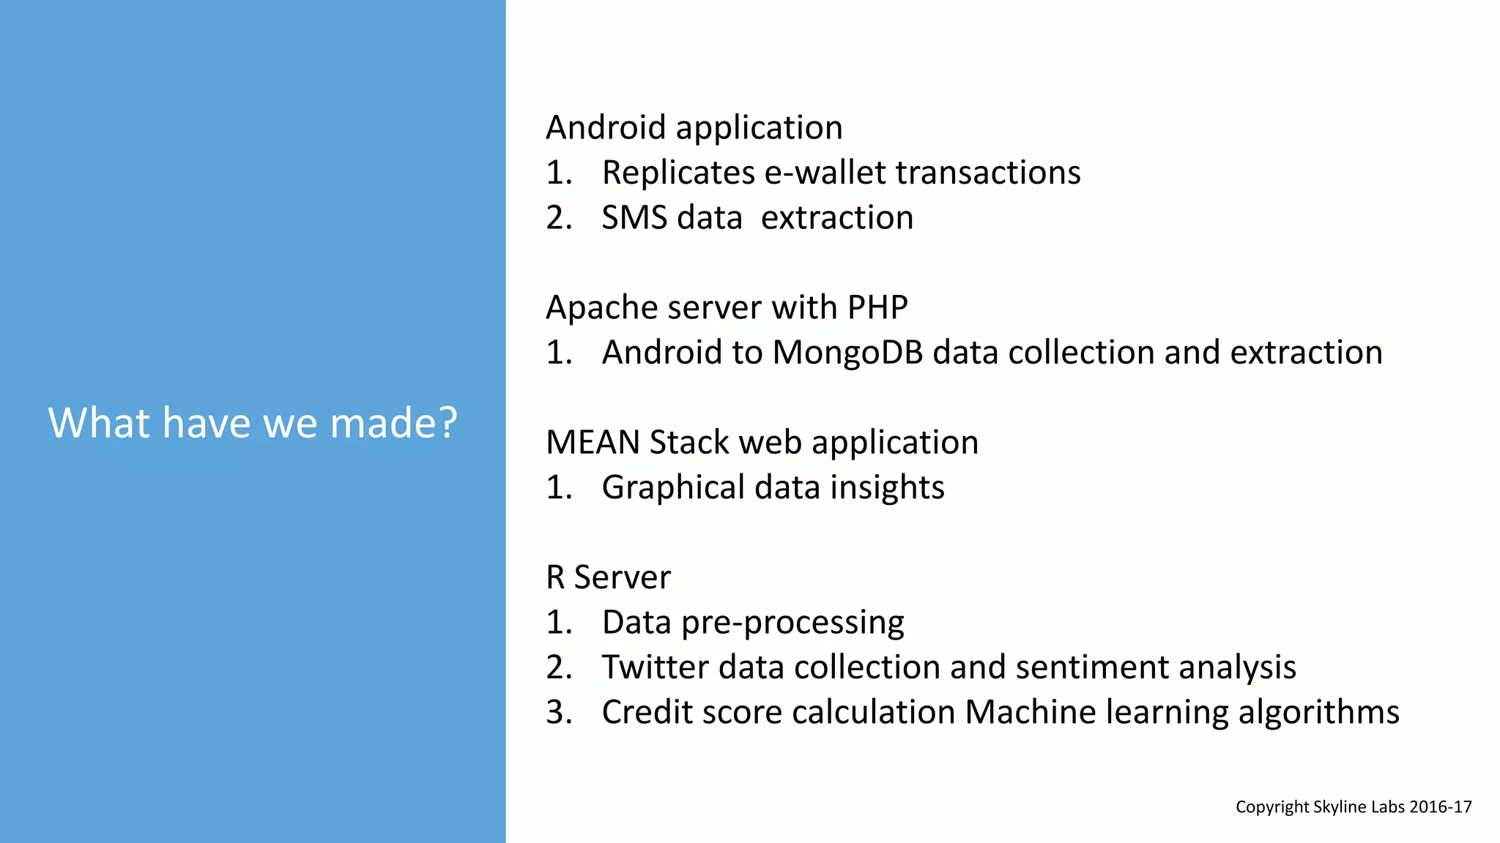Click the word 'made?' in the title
click(x=393, y=423)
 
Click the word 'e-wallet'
click(x=825, y=173)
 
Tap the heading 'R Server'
click(x=608, y=577)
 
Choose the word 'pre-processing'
click(x=792, y=623)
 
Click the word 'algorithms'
click(x=1318, y=713)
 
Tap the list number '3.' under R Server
click(x=559, y=713)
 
